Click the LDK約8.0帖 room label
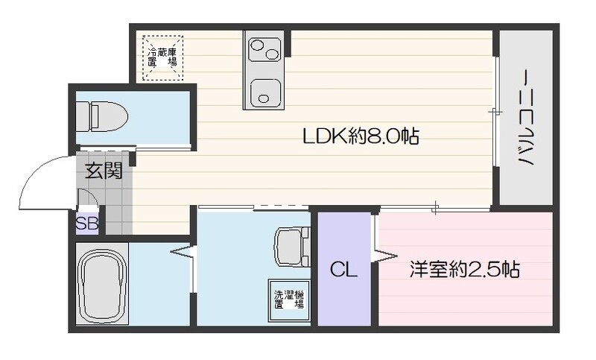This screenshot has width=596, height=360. point(360,136)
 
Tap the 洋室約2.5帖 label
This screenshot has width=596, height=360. point(463,269)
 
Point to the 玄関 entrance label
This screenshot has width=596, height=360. point(104,171)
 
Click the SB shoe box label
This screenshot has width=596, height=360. point(86,222)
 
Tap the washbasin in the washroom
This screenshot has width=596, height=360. point(291,246)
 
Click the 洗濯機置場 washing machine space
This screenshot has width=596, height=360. point(288,298)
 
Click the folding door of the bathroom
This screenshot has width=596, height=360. point(184,253)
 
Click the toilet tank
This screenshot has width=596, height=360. point(83,116)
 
